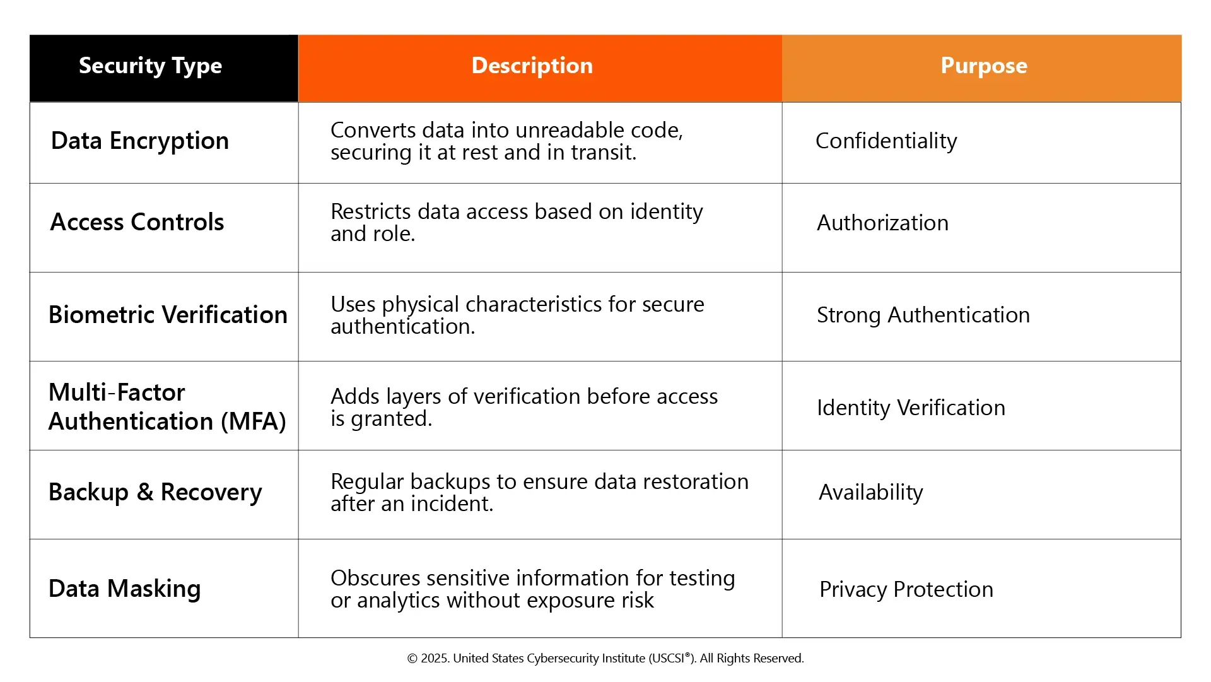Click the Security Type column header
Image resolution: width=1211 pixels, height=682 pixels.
point(150,66)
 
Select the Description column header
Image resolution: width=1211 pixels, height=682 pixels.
point(532,66)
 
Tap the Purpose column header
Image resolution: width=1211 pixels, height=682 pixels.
point(984,66)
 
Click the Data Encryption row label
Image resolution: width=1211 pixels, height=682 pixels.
point(140,141)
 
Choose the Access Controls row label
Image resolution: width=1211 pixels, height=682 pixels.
point(137,222)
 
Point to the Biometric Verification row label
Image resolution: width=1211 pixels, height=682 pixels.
point(168,315)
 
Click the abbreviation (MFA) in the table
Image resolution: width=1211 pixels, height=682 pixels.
point(254,421)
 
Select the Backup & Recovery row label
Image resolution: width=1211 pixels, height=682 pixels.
point(155,493)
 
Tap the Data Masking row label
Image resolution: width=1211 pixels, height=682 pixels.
point(125,589)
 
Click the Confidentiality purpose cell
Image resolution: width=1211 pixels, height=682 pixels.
point(886,141)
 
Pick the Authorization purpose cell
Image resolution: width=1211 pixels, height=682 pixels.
point(883,223)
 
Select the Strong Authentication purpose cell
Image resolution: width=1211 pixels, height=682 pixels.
point(923,315)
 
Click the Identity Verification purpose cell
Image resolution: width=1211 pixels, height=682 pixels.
point(911,408)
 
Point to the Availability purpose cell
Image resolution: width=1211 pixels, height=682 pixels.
point(871,493)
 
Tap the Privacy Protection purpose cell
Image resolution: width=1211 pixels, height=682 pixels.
point(906,589)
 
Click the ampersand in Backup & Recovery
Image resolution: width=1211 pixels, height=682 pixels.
point(145,492)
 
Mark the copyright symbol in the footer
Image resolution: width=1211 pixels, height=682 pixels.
point(412,659)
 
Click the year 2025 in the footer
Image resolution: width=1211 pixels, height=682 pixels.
point(435,659)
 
